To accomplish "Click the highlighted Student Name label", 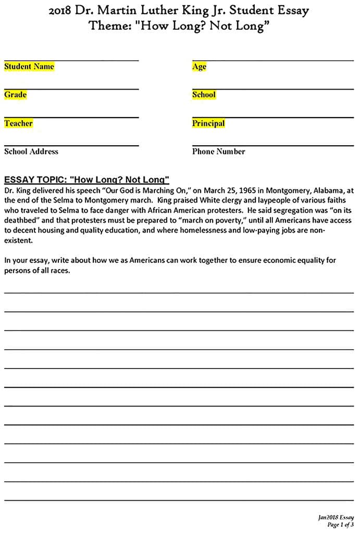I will tap(29, 67).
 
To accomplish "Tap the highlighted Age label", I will tap(199, 67).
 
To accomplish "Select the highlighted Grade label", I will tap(15, 95).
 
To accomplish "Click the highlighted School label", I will tap(204, 95).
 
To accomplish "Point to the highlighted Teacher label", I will tap(18, 123).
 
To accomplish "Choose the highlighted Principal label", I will tap(208, 123).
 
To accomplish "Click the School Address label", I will tap(31, 151).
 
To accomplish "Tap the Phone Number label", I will tap(218, 151).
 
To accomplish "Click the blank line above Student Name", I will tap(71, 61).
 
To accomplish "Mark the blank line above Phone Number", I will tap(272, 146).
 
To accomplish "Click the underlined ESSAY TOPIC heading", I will tap(87, 180).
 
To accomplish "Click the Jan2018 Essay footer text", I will tap(336, 517).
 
